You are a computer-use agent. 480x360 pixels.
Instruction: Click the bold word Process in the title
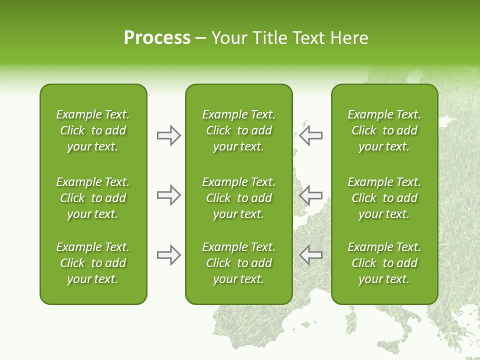157,38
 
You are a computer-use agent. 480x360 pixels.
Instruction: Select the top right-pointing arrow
168,135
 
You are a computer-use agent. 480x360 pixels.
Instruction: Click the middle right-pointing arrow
168,195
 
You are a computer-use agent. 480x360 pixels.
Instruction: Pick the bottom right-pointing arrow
168,255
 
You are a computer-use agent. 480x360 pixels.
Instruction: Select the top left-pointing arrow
310,135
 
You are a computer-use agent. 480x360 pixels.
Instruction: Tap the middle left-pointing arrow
310,195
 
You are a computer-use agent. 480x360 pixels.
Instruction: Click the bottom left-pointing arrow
310,255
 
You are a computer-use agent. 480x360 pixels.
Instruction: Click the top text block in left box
93,130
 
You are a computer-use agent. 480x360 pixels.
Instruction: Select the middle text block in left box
93,198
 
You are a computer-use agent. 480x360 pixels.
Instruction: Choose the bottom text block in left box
93,263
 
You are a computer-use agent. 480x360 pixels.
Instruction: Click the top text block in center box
238,130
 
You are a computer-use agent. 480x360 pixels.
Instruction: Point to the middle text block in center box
238,198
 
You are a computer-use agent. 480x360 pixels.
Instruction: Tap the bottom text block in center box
238,263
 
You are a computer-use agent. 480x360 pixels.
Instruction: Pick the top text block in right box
384,130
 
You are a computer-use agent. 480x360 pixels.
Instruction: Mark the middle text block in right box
384,198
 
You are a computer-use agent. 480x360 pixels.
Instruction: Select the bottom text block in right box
384,263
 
